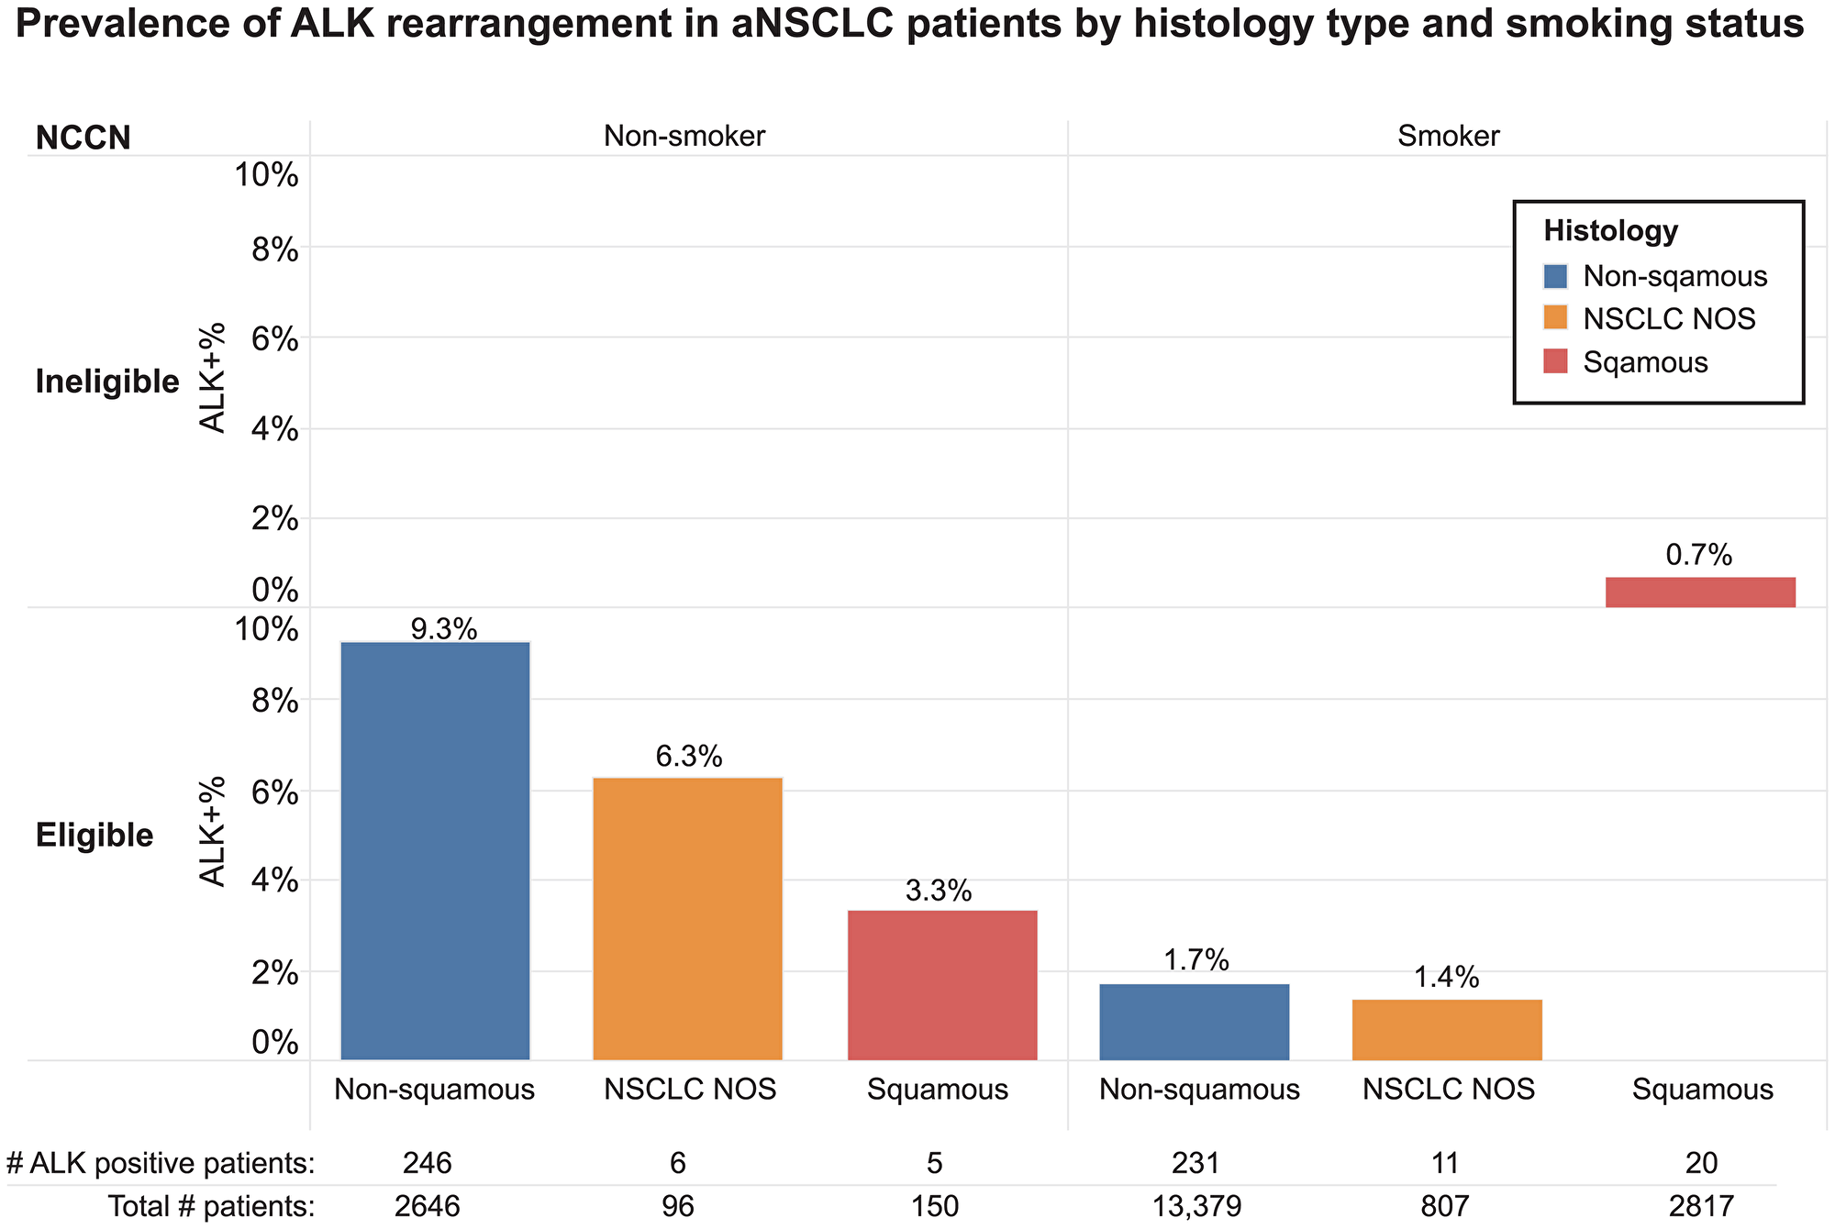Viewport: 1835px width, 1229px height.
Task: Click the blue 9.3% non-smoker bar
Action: coord(435,851)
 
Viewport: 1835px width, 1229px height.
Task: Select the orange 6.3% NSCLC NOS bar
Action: coord(687,919)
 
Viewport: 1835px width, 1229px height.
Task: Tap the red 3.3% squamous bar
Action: coord(942,985)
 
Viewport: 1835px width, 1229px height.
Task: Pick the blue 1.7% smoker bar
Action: coord(1195,1022)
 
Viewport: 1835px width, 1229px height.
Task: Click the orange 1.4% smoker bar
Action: coord(1447,1029)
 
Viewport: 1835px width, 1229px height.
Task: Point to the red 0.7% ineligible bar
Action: coord(1700,592)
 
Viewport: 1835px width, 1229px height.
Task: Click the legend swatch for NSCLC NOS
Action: coord(1557,319)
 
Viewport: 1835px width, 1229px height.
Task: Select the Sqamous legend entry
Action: coord(1645,362)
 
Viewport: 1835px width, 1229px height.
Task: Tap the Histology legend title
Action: coord(1610,230)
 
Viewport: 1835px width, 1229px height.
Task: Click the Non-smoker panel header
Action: coord(684,137)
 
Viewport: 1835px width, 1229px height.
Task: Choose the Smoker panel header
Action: coord(1448,137)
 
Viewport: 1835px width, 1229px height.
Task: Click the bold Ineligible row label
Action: coord(107,382)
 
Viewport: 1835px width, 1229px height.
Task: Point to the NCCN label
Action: coord(83,138)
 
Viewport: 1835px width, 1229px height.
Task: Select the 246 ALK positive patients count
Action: coord(427,1163)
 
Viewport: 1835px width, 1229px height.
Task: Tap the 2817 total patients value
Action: coord(1701,1206)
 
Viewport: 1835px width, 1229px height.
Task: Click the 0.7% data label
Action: coord(1698,555)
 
